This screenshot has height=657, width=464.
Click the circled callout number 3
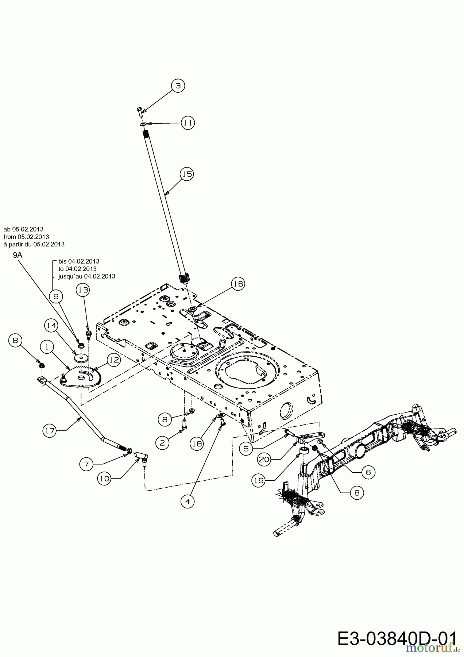pos(178,86)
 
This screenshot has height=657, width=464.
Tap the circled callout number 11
pos(188,123)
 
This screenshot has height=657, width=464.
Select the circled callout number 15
pos(187,174)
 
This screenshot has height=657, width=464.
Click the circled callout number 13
pos(83,290)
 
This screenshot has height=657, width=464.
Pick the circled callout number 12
pos(114,360)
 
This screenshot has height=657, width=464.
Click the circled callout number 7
pos(87,464)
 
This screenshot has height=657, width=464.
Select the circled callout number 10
pos(105,479)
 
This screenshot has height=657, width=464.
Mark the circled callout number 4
pos(187,502)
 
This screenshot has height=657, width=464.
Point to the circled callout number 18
pos(197,443)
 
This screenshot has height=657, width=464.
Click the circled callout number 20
pos(264,460)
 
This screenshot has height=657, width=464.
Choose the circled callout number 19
pos(259,481)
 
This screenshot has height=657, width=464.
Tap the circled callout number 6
pos(368,472)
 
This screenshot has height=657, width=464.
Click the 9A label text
pos(18,255)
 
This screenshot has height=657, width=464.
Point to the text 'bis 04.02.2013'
pos(78,261)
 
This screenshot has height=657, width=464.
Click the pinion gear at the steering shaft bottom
pos(185,279)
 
